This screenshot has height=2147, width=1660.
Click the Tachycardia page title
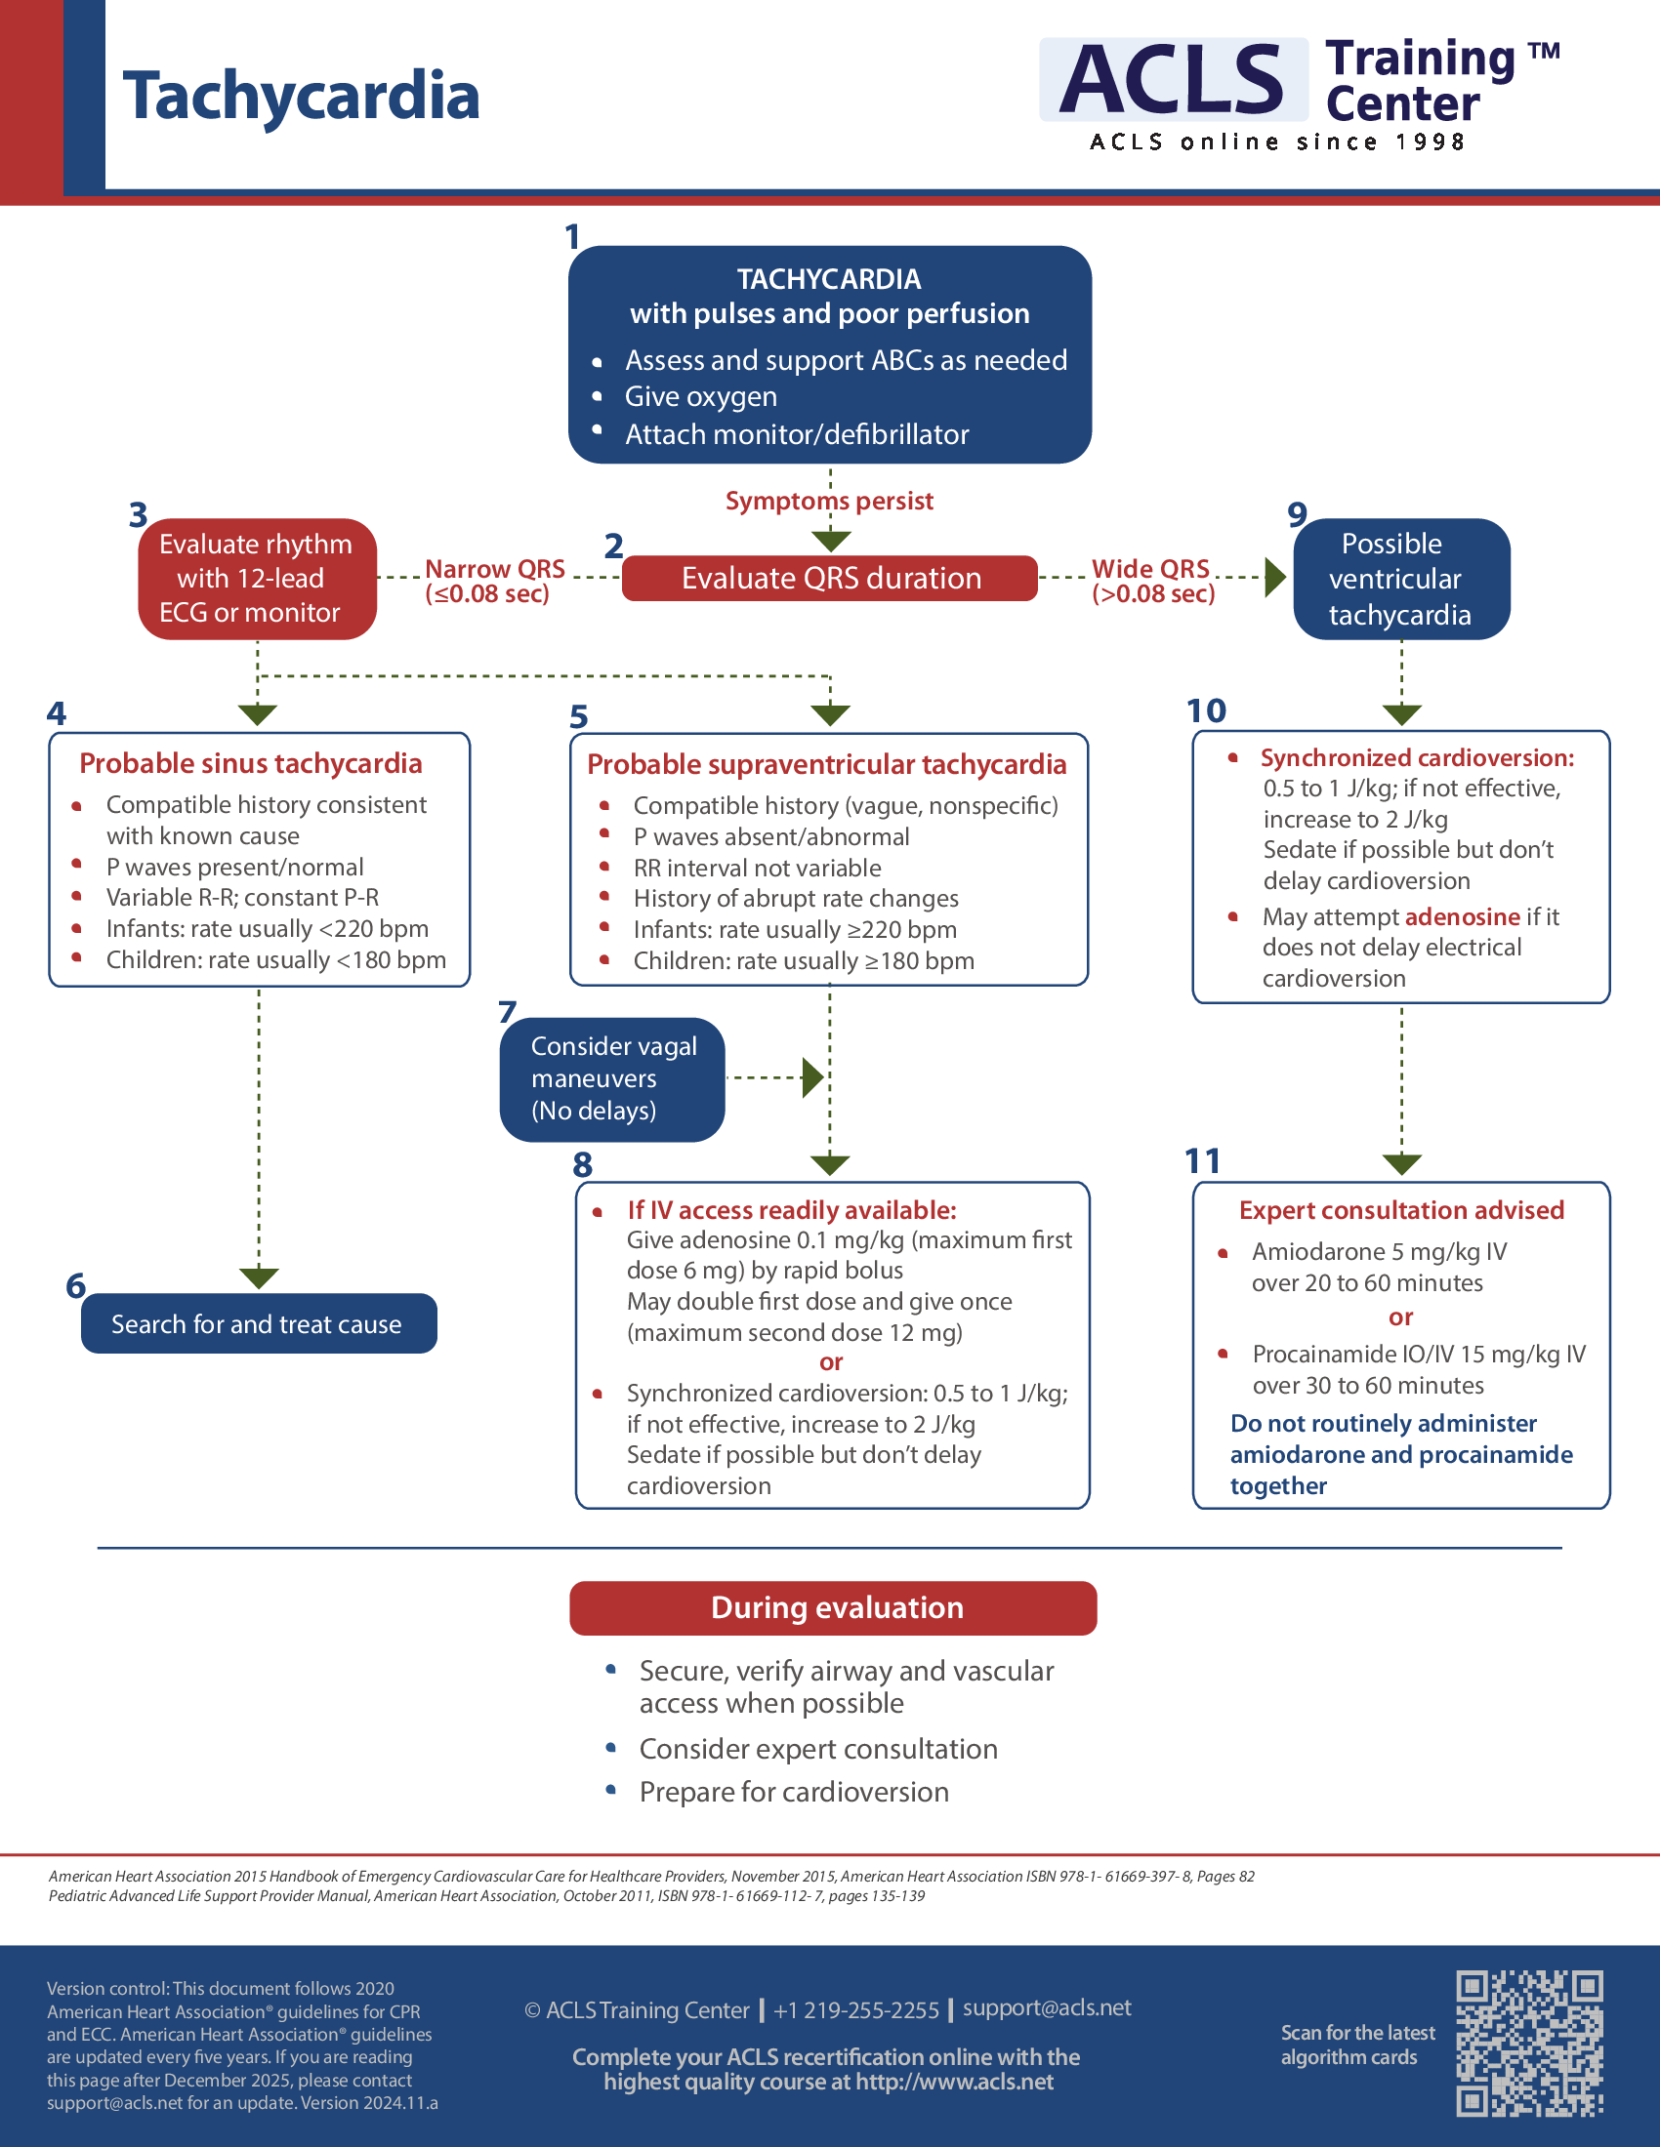[x=300, y=97]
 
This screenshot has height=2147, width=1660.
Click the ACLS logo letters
[x=1172, y=80]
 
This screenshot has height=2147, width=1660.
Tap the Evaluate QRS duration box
[x=830, y=578]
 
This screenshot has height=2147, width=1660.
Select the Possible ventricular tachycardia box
[x=1400, y=579]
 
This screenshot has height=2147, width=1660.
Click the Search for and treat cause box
[x=258, y=1323]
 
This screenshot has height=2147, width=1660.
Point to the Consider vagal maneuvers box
[x=611, y=1078]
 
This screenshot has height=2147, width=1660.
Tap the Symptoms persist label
[x=829, y=502]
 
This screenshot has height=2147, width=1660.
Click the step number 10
[x=1206, y=710]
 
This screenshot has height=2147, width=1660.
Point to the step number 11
[x=1202, y=1161]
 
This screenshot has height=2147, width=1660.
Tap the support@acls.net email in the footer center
[x=1047, y=2007]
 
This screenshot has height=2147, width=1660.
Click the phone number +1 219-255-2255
[x=855, y=2010]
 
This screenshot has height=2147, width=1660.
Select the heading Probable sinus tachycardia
[x=251, y=764]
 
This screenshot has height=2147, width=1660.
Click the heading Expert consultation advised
[x=1401, y=1210]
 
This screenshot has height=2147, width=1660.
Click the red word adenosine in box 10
[x=1462, y=917]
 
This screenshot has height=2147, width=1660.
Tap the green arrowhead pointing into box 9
[x=1274, y=577]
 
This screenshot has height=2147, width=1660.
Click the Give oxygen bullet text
[x=700, y=397]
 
